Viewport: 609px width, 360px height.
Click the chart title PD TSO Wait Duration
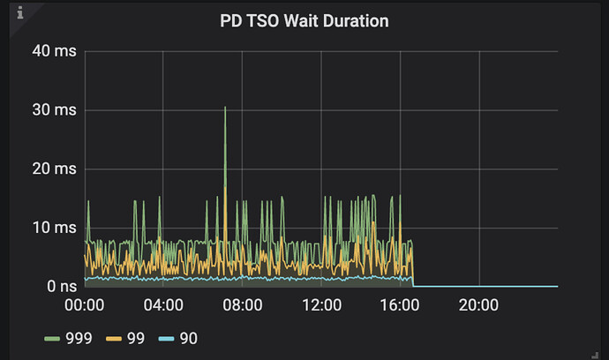[304, 20]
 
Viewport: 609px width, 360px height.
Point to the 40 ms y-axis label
[55, 51]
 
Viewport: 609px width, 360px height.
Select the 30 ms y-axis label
[55, 110]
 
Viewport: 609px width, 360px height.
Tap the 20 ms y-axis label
[55, 169]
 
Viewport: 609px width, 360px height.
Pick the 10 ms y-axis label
[55, 228]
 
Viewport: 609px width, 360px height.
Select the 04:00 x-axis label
[163, 305]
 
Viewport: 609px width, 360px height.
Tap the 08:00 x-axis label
[243, 305]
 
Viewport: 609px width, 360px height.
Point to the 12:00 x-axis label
[321, 305]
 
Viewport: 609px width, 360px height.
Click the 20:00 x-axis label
[479, 305]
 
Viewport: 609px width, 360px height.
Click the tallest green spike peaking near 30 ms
[225, 109]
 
